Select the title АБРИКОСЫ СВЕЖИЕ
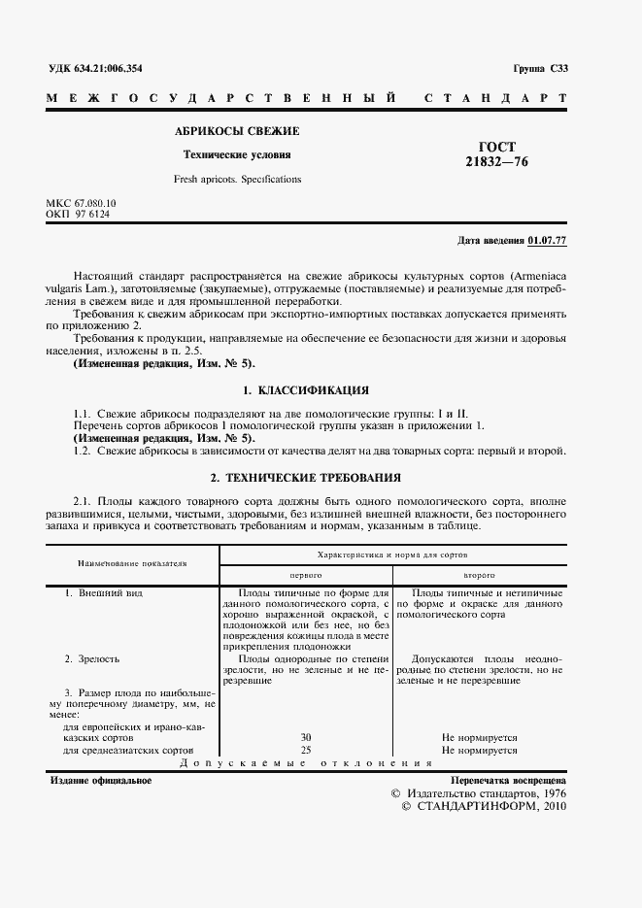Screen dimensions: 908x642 coord(237,130)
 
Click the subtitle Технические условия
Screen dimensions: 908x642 coord(237,154)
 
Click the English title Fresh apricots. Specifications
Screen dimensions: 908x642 coord(237,179)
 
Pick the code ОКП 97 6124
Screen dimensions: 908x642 coord(78,214)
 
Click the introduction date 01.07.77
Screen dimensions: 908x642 coord(548,240)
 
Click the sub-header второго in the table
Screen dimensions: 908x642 coord(480,575)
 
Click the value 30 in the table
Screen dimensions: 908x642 coord(305,738)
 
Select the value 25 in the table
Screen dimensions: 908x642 coord(305,751)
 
